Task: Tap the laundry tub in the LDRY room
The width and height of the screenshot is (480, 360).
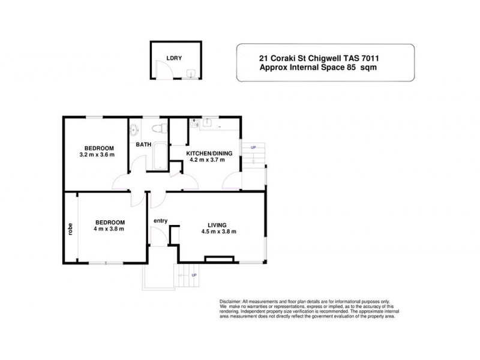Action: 190,73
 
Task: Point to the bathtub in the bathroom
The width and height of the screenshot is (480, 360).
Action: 160,155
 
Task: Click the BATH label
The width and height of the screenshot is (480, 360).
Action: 143,145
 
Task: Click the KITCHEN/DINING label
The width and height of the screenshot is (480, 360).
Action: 206,153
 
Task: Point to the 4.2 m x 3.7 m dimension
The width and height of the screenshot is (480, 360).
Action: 206,160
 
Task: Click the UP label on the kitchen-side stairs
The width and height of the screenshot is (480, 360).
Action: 253,148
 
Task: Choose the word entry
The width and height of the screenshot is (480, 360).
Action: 160,221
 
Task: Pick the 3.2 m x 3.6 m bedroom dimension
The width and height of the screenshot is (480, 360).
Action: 96,155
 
